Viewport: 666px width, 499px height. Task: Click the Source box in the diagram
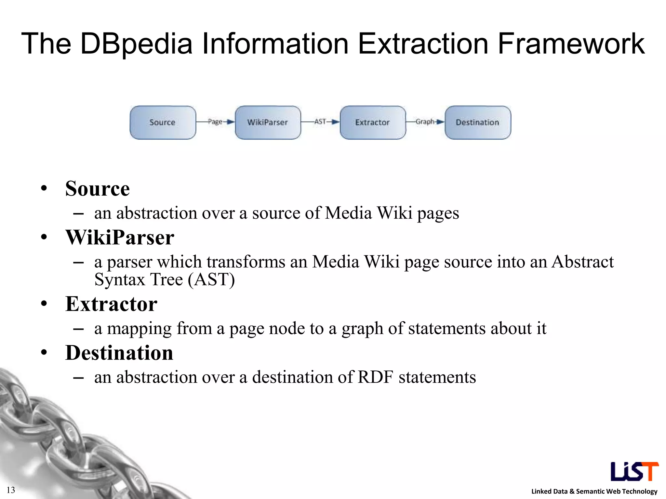163,122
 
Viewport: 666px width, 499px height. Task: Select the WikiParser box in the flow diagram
268,122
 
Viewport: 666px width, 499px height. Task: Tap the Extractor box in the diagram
373,122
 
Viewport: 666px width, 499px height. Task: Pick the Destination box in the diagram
478,122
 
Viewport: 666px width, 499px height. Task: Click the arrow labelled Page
215,122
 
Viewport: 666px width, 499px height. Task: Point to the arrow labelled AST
320,122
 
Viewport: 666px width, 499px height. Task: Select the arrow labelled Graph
425,122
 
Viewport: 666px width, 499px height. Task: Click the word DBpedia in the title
136,44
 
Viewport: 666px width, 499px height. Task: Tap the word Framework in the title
571,44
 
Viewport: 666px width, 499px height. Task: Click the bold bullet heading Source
97,189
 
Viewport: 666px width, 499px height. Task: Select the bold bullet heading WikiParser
120,237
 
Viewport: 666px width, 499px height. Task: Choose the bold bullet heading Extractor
111,304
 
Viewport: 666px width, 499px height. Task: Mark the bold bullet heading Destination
119,353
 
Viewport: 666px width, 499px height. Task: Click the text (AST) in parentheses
211,280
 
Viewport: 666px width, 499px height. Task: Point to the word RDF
375,377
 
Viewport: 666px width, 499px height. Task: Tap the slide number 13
11,490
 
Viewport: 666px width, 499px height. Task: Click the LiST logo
634,471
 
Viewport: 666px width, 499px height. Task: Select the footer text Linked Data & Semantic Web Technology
594,491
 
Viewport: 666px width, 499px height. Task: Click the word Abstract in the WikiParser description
582,262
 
